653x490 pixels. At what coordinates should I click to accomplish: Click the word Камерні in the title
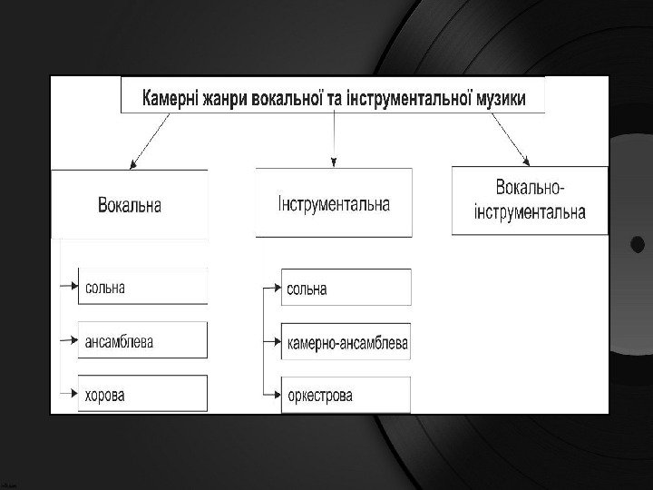click(171, 96)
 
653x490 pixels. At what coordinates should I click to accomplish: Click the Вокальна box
click(130, 204)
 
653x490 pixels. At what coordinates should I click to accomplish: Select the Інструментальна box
click(334, 202)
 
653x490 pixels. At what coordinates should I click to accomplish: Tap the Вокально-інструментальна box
click(530, 201)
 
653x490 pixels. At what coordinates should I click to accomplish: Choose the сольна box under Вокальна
click(142, 287)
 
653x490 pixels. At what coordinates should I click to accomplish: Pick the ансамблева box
click(142, 341)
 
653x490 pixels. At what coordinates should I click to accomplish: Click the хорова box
click(142, 395)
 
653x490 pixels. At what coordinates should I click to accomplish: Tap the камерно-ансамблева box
click(346, 343)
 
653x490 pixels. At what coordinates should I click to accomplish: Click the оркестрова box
click(346, 396)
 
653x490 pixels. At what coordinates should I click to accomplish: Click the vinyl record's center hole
click(638, 244)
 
